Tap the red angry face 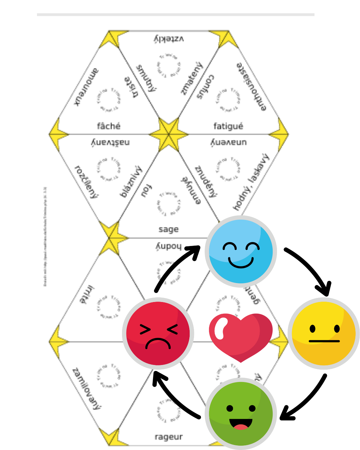click(158, 333)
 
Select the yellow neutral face click(324, 333)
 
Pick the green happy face click(241, 414)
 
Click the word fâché click(109, 126)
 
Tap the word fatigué click(228, 126)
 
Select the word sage click(169, 229)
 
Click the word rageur click(169, 437)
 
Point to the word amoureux click(86, 87)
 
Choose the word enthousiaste click(252, 87)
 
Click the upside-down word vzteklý click(169, 39)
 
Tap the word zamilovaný click(87, 388)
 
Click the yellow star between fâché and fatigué click(169, 134)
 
